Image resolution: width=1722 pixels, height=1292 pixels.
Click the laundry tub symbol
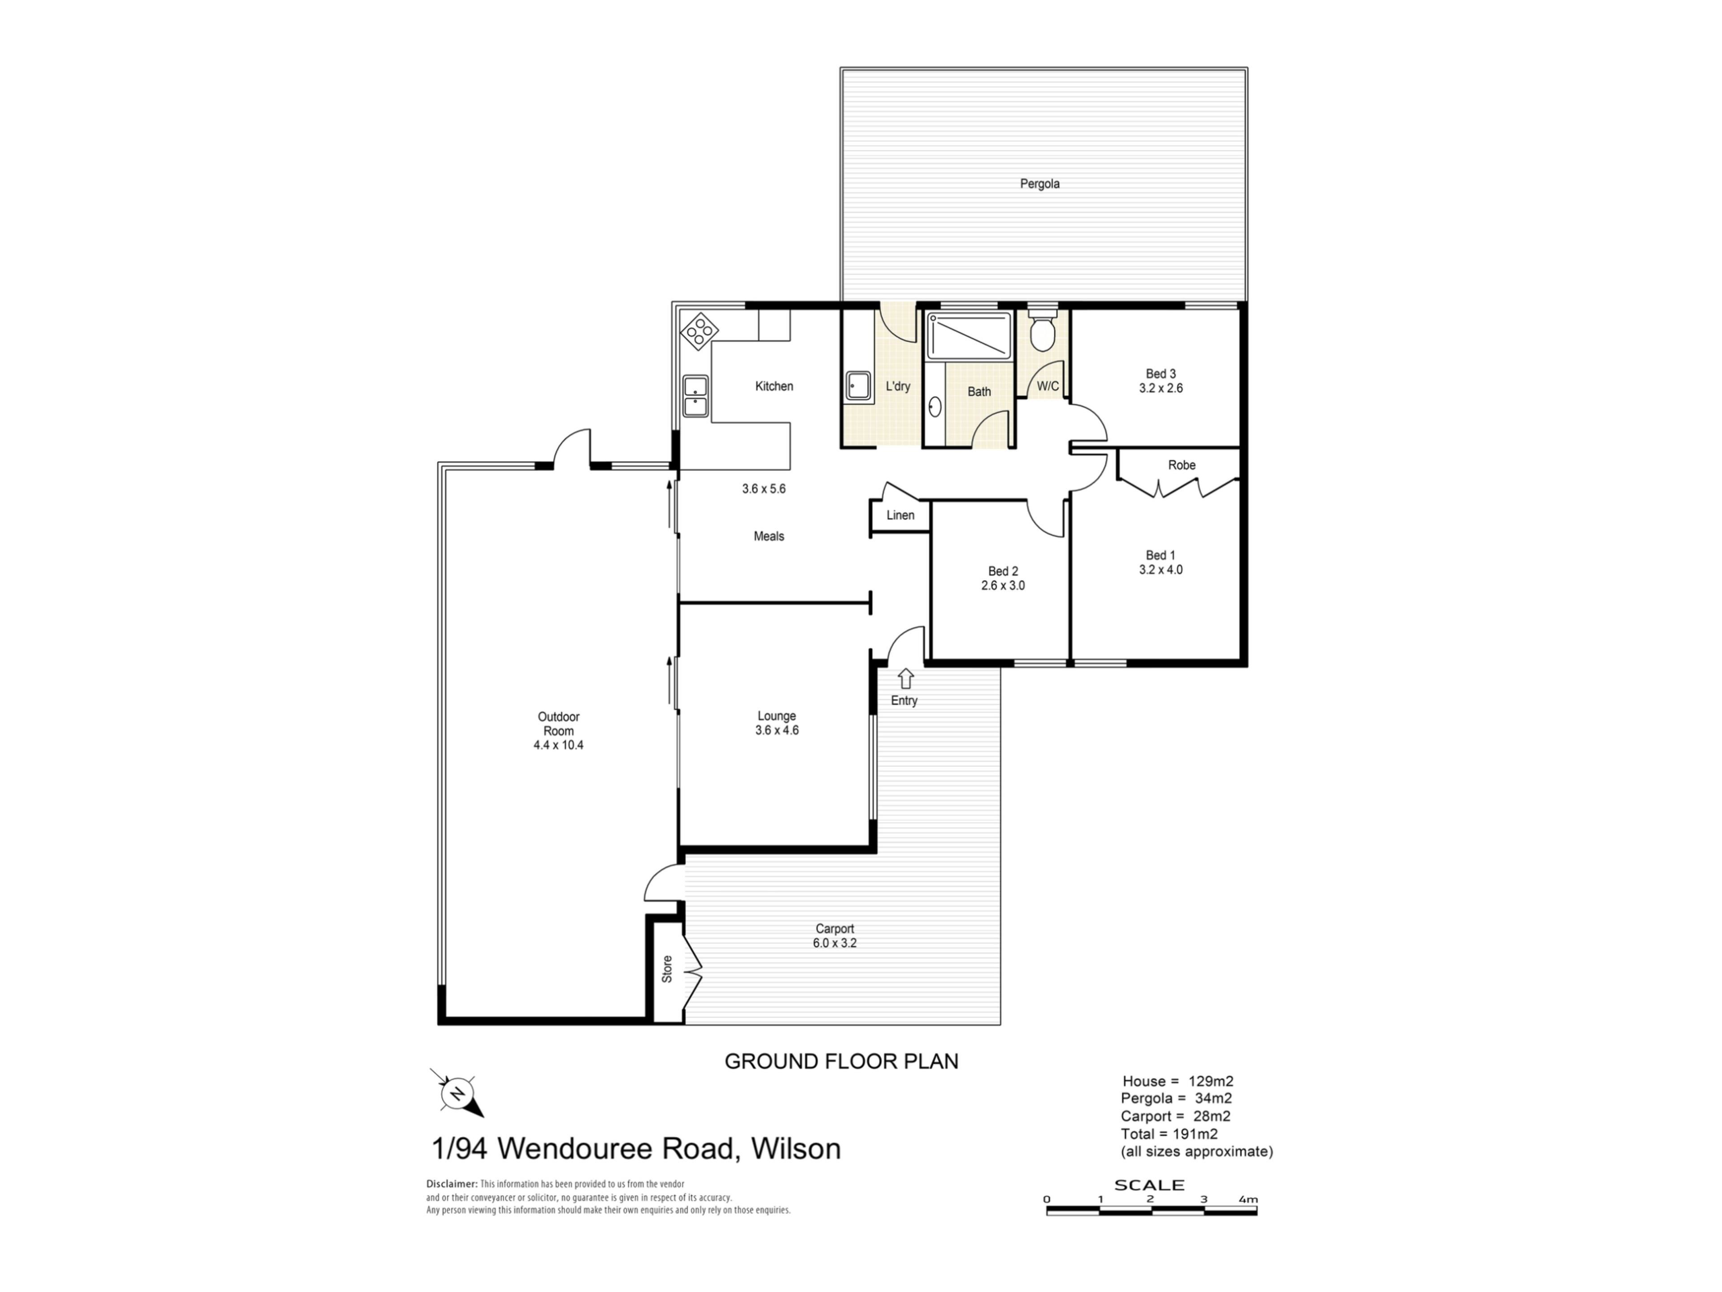click(x=859, y=385)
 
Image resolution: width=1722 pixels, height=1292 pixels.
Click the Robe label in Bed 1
click(x=1181, y=465)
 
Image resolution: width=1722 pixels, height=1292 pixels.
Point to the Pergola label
click(x=1039, y=184)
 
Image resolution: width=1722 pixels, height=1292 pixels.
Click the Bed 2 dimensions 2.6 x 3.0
click(x=1003, y=585)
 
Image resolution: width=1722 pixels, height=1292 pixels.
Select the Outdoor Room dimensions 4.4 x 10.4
click(x=558, y=745)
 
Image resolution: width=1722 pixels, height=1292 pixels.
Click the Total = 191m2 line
click(x=1169, y=1134)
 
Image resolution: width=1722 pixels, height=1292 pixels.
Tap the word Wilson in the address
click(x=796, y=1149)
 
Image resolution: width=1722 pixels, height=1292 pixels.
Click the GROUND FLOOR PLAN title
click(x=842, y=1061)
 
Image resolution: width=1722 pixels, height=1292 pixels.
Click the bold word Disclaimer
click(x=452, y=1184)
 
